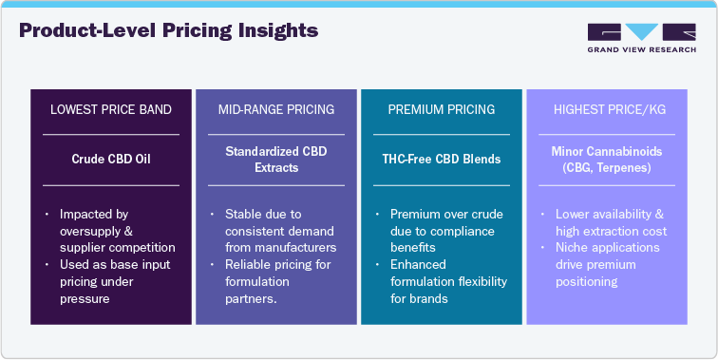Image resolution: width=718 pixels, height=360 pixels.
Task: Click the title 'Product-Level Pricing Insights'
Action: (168, 31)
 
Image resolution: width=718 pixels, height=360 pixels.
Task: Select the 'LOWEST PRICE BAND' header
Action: (111, 110)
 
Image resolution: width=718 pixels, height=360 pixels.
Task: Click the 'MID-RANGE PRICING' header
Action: (276, 110)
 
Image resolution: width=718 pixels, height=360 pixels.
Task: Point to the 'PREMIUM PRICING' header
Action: (442, 110)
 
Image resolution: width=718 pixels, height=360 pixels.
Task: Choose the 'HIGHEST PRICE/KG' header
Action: (607, 110)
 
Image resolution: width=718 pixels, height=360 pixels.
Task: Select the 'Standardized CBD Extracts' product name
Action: (276, 159)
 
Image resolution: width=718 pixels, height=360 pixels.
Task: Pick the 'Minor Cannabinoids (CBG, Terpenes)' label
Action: (607, 159)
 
